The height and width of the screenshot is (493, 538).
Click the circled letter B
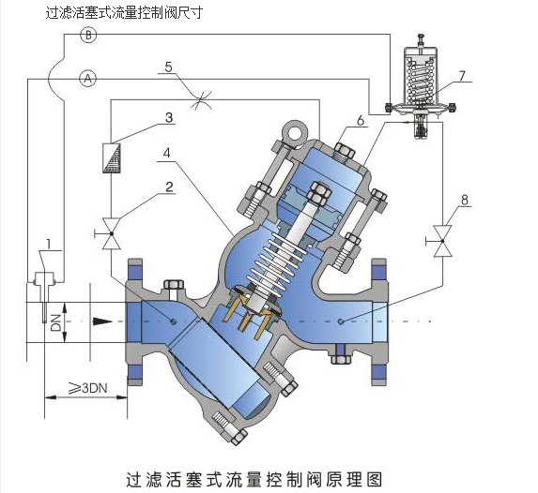(88, 35)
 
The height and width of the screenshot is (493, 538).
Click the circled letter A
(88, 79)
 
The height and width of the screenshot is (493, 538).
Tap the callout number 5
(168, 67)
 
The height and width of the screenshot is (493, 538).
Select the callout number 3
(169, 118)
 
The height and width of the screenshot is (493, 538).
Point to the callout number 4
(166, 153)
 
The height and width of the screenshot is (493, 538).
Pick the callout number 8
(464, 200)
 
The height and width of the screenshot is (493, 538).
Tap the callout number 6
(360, 121)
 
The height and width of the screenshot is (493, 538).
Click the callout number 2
(169, 187)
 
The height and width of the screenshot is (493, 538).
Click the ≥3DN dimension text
(88, 388)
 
